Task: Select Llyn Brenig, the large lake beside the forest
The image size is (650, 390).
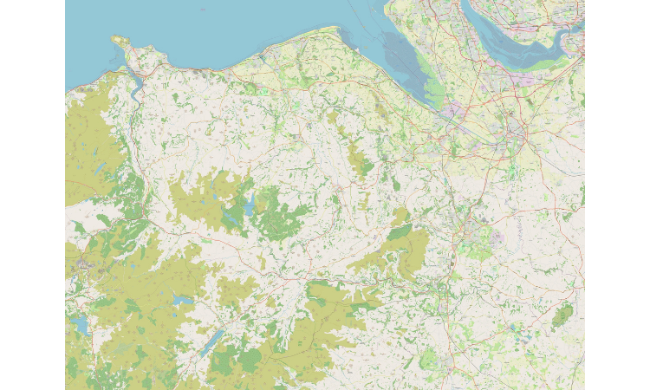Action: pos(249,206)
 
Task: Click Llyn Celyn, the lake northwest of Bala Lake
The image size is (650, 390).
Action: pos(182,299)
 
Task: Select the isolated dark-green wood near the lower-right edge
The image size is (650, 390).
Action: pos(562,316)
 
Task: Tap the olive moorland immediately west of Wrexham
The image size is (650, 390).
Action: pos(407,243)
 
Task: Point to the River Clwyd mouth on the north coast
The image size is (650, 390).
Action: pos(260,55)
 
